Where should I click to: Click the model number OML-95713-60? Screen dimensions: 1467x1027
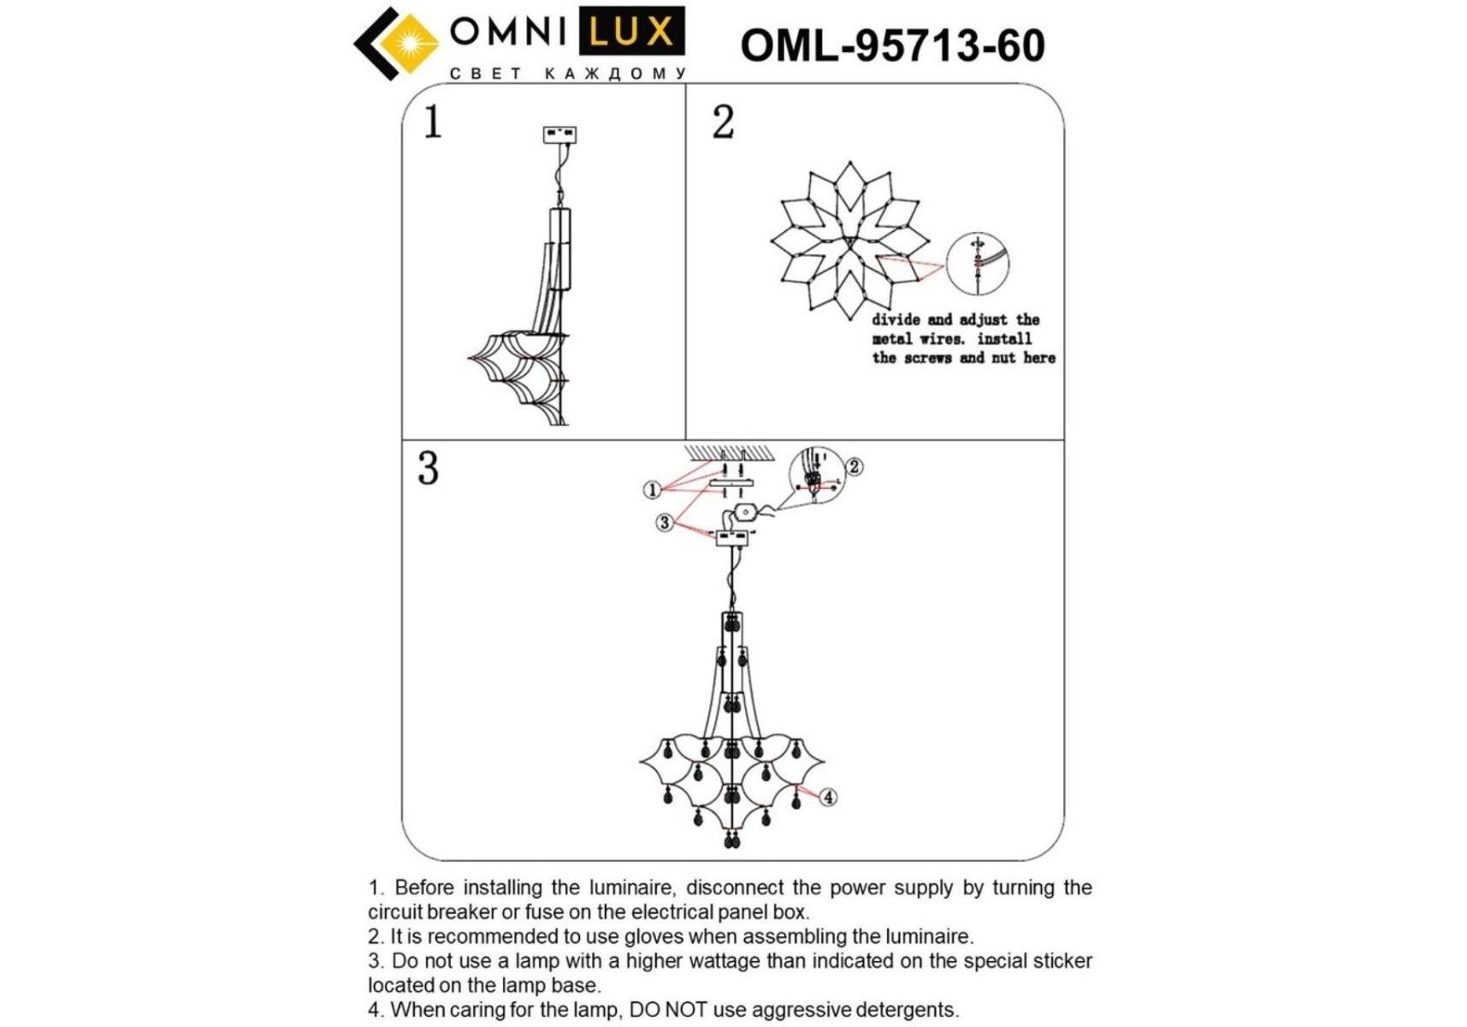[x=892, y=45]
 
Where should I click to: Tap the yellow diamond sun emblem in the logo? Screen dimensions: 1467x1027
[x=408, y=43]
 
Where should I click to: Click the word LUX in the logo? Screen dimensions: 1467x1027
[x=632, y=32]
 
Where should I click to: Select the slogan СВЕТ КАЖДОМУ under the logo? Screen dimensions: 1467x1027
[x=568, y=74]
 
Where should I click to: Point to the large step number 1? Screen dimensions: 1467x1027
[x=433, y=122]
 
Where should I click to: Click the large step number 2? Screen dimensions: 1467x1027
[x=723, y=122]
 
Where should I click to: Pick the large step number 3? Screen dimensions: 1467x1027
[x=428, y=468]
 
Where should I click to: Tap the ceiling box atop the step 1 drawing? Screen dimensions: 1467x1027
[x=560, y=134]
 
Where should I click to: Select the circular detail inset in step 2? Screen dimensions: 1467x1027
[x=978, y=264]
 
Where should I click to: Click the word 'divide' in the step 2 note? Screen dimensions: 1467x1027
[x=896, y=319]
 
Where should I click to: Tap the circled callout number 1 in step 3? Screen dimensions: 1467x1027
[x=652, y=490]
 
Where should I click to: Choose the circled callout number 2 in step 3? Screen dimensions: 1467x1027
[x=854, y=466]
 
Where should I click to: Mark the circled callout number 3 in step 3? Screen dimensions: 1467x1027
[x=665, y=522]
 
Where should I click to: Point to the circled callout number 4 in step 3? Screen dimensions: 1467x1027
[x=828, y=798]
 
